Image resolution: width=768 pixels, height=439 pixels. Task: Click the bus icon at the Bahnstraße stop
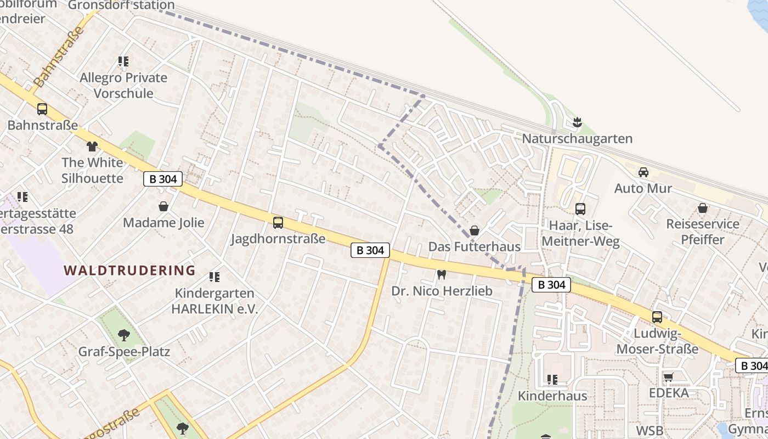[x=42, y=109]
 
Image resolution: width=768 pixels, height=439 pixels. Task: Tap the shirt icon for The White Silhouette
[x=92, y=147]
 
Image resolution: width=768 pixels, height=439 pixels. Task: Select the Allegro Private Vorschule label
[x=123, y=85]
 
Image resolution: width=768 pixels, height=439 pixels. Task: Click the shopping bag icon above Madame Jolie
[x=163, y=206]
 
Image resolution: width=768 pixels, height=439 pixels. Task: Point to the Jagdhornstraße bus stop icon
[x=278, y=222]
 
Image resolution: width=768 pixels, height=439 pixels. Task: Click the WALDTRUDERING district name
[x=129, y=270]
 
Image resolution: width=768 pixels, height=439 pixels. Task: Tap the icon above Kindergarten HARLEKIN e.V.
[x=214, y=277]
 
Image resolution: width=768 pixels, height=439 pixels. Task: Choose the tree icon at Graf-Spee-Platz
[x=124, y=335]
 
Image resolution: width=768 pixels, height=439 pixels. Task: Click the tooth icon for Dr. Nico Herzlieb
[x=442, y=274]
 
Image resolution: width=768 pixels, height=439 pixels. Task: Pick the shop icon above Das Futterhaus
[x=475, y=230]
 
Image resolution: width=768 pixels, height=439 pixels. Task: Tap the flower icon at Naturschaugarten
[x=577, y=122]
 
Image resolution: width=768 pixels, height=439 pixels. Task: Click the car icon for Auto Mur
[x=643, y=172]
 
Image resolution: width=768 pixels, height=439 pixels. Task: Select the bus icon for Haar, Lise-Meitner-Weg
[x=580, y=209]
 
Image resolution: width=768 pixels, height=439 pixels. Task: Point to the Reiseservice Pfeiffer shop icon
[x=703, y=208]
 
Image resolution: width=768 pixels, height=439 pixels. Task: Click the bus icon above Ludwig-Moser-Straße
[x=657, y=317]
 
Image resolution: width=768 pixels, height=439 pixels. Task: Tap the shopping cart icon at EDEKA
[x=669, y=377]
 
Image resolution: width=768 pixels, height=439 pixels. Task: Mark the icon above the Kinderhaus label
[x=552, y=379]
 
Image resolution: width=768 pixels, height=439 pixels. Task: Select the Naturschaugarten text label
[x=577, y=139]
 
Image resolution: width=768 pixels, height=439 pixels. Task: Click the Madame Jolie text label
[x=163, y=223]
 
